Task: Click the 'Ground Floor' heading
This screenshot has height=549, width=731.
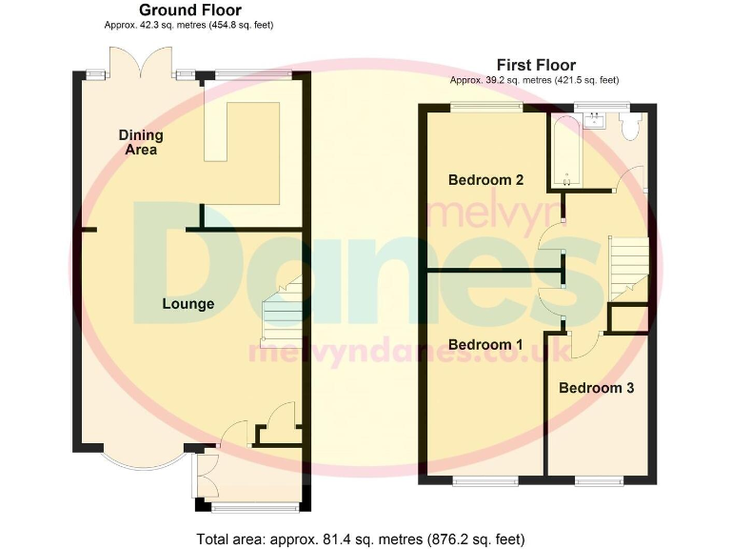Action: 190,10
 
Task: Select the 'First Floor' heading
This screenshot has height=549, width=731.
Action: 536,65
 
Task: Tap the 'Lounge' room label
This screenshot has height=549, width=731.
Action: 188,304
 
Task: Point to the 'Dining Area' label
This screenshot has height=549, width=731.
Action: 140,142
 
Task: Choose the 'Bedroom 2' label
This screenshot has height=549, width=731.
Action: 485,179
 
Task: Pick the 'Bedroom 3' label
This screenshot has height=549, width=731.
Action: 596,388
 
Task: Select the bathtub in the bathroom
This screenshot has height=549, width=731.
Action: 566,151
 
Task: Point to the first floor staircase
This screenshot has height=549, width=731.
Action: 626,263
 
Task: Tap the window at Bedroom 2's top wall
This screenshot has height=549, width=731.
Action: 479,107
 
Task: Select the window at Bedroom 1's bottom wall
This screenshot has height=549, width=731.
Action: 482,479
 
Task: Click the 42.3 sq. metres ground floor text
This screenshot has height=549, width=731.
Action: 190,25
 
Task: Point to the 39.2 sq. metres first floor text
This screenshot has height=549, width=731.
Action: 536,80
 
